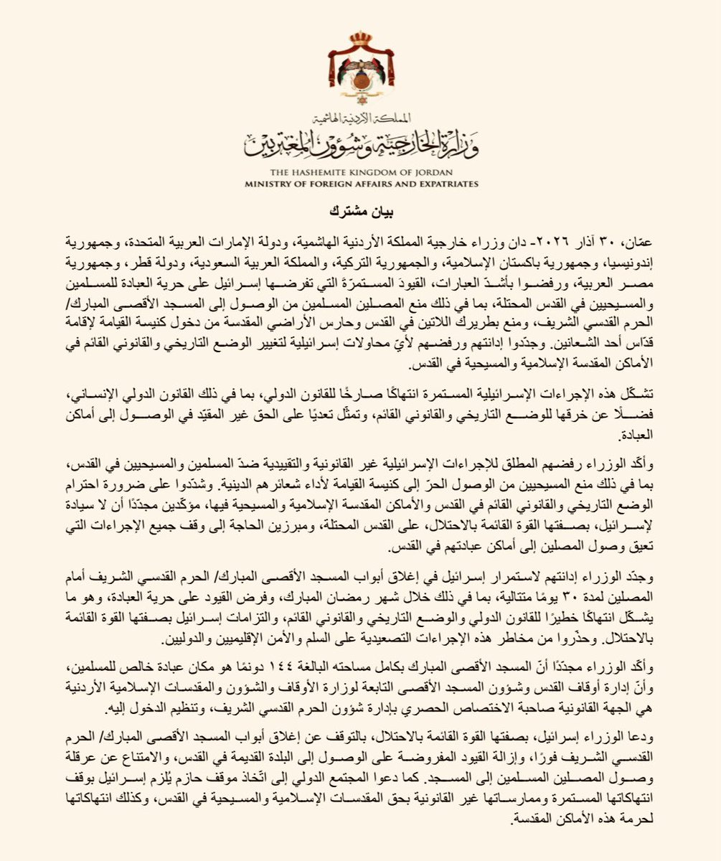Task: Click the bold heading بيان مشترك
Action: click(361, 212)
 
